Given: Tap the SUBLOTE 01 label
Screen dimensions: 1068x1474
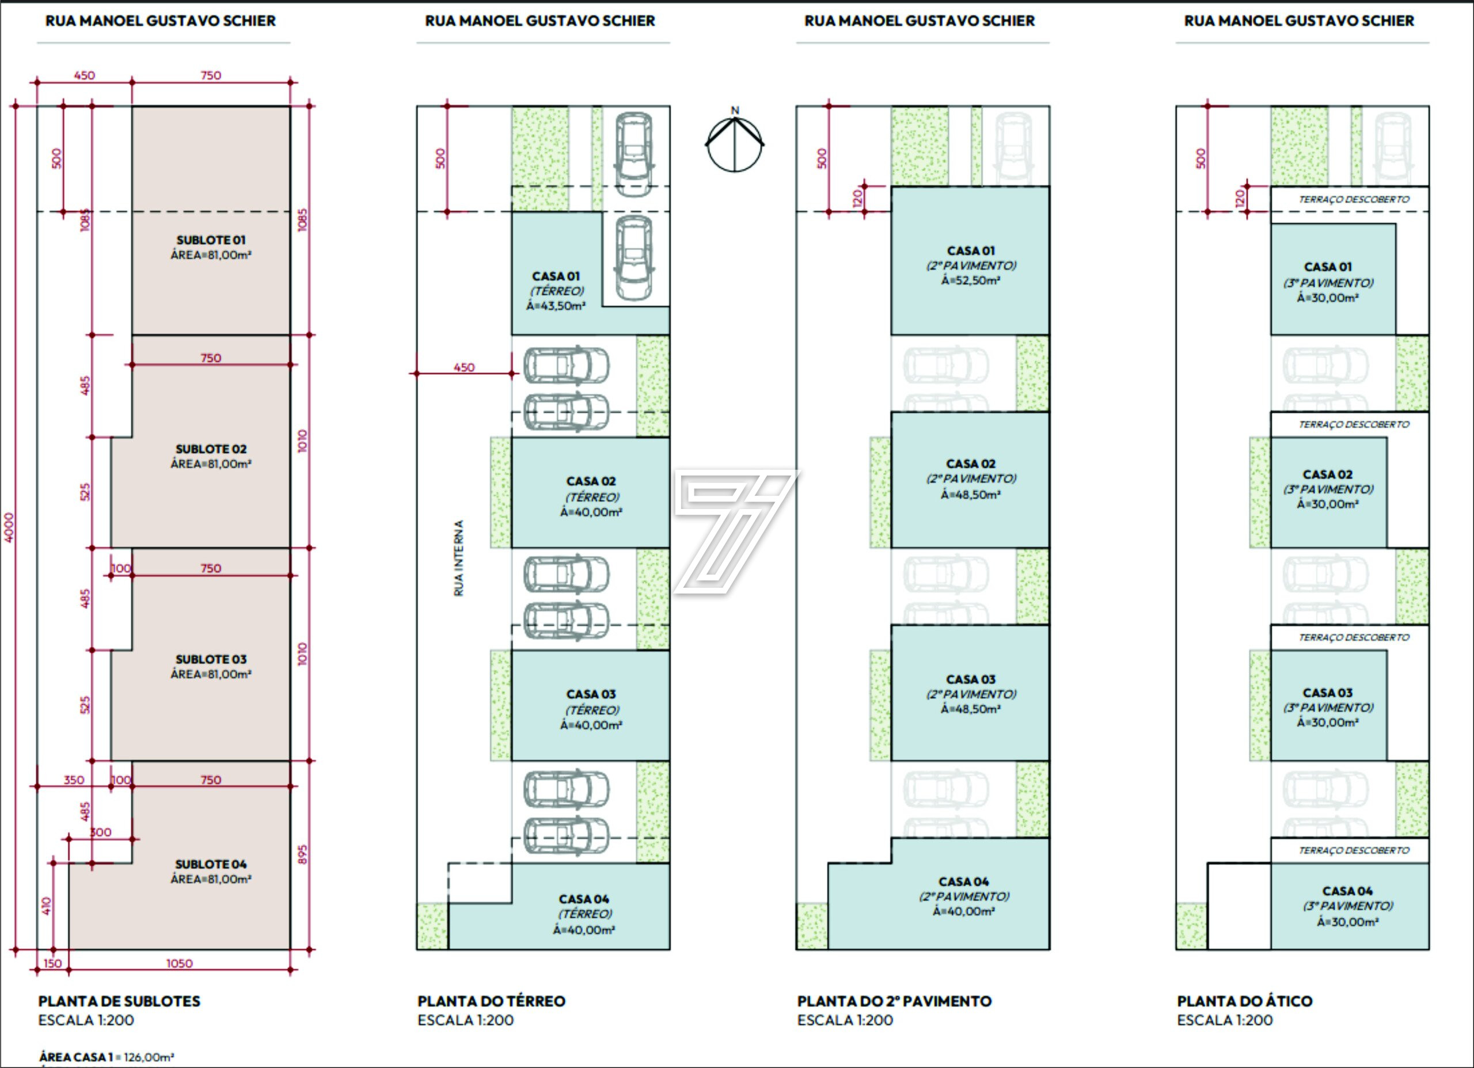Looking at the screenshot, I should click(x=211, y=241).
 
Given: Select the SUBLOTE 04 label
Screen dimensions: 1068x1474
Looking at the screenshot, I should click(x=211, y=864).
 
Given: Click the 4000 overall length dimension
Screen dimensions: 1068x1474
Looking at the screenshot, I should click(x=9, y=527).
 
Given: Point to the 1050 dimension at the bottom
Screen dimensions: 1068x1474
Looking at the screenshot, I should click(x=180, y=963).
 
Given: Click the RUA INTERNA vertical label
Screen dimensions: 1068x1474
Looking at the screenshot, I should click(x=459, y=558).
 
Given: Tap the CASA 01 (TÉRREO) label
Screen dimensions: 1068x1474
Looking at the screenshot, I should click(x=556, y=283).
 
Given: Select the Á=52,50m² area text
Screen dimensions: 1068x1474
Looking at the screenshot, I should click(x=970, y=281).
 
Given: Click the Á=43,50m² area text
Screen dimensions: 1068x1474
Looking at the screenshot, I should click(x=556, y=306).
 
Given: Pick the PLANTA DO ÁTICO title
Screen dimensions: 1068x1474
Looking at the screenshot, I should click(x=1245, y=1001).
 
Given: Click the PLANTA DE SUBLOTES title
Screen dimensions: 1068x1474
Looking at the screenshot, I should click(x=120, y=1001).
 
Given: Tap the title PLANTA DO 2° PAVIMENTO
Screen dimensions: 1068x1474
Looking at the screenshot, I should click(x=894, y=1001).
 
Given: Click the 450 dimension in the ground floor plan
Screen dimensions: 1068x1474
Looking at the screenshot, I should click(x=464, y=367).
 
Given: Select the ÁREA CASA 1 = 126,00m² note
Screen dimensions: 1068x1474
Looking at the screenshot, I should click(x=107, y=1057).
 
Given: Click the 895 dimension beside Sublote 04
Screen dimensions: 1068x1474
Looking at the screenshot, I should click(x=302, y=854).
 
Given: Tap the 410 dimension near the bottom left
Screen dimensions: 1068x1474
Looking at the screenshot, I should click(x=46, y=906).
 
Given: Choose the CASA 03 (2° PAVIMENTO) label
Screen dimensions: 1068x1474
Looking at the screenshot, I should click(x=970, y=686).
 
